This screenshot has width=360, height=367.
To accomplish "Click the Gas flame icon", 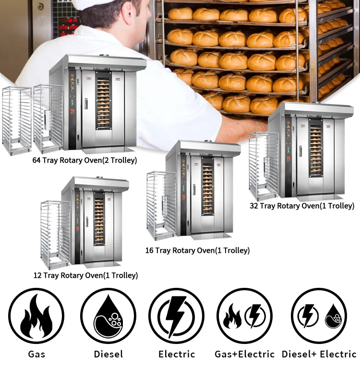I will point(36,316).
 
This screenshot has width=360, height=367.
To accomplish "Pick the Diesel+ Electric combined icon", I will point(319,316).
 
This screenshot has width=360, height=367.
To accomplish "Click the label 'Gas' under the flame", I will point(36,355).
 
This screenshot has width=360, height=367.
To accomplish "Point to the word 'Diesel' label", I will point(108,355).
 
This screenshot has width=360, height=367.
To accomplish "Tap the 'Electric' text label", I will point(177,355).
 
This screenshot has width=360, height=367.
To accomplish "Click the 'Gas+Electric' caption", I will point(244,355).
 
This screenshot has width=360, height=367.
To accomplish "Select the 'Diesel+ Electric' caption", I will point(319,355).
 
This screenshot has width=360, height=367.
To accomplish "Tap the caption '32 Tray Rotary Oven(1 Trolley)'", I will point(302,206).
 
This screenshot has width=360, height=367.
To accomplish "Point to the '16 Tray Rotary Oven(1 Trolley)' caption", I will point(198,250).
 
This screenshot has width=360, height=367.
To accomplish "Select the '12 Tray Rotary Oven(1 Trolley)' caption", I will point(91,275).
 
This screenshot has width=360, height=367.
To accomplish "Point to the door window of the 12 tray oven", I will point(99,221).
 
